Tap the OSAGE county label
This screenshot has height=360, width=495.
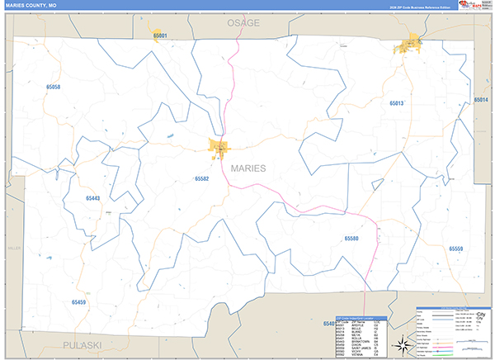(x=243, y=23)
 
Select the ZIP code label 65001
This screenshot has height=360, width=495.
(x=160, y=36)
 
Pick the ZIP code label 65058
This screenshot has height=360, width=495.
(x=54, y=87)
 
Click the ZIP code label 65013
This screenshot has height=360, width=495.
(x=396, y=103)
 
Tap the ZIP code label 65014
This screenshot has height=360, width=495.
(x=482, y=100)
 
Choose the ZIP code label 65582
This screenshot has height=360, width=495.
(x=202, y=178)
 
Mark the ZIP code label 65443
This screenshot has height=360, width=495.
(x=92, y=198)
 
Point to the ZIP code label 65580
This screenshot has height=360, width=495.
(x=351, y=238)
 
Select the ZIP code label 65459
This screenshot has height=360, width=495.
(x=78, y=302)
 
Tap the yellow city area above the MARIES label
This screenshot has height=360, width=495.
(x=219, y=149)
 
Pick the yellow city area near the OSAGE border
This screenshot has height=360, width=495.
(x=410, y=45)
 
